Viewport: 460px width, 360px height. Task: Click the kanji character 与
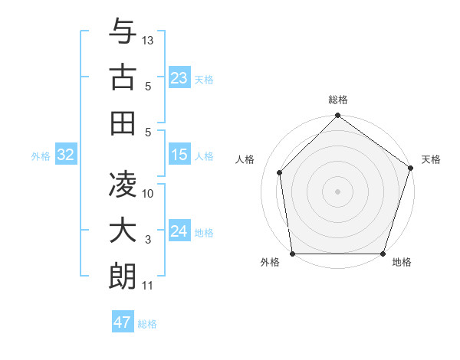click(x=123, y=31)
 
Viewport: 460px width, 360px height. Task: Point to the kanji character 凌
click(x=123, y=185)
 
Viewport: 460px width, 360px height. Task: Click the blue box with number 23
click(x=179, y=77)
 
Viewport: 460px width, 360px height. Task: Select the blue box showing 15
click(x=179, y=155)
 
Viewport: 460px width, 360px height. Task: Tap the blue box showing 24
click(x=179, y=231)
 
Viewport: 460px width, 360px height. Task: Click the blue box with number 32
click(x=66, y=155)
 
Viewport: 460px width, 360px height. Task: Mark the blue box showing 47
click(x=123, y=322)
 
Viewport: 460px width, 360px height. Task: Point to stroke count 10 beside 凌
click(x=149, y=194)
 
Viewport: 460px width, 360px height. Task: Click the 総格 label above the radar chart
click(x=338, y=100)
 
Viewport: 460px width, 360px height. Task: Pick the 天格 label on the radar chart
click(x=432, y=160)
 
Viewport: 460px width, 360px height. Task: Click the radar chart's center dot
click(x=337, y=191)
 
